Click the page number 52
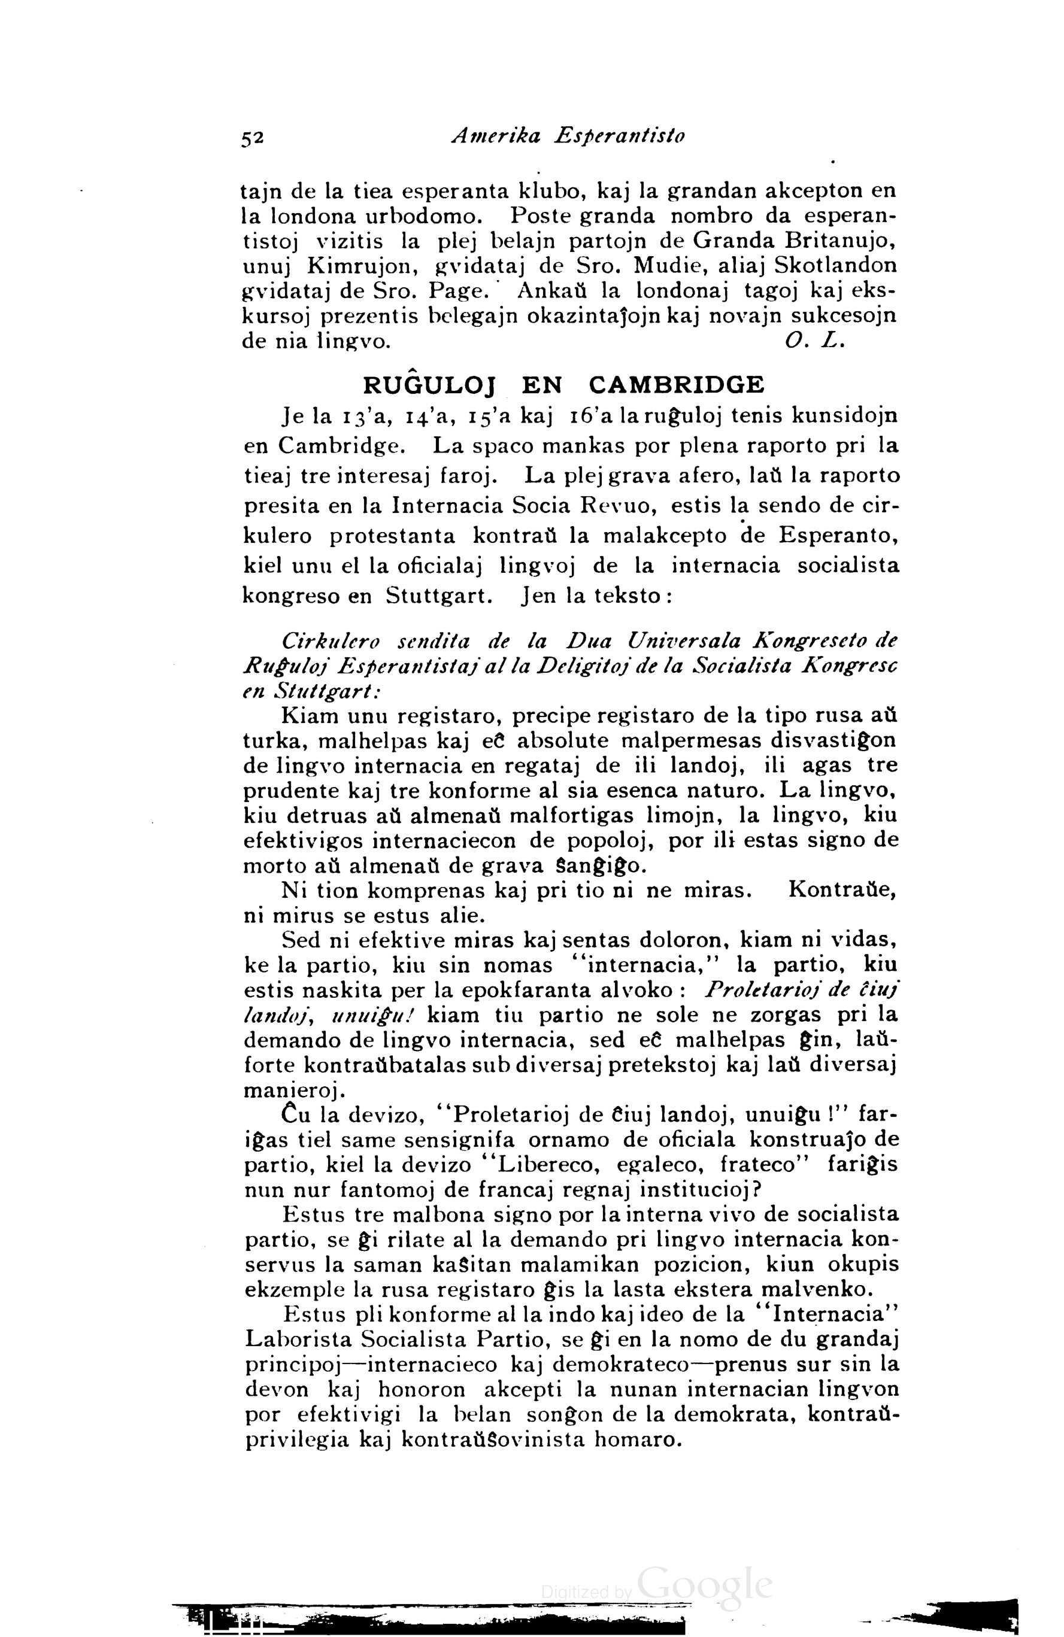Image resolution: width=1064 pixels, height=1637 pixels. [252, 138]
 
